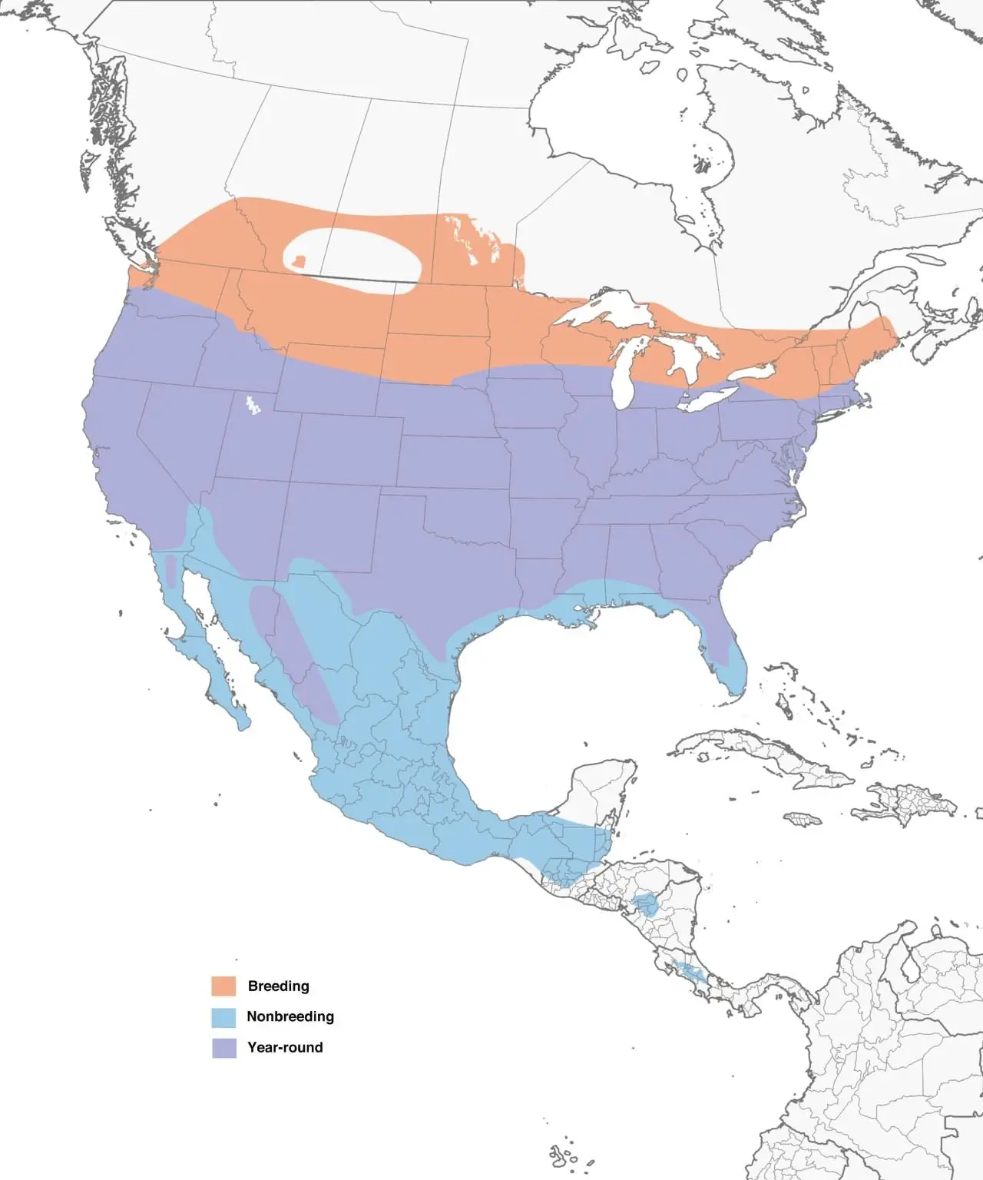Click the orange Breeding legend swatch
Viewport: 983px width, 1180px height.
(223, 986)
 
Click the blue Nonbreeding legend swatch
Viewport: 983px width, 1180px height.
(223, 1017)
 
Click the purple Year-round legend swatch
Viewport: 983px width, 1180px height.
(223, 1048)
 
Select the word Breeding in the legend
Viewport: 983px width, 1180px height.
(278, 986)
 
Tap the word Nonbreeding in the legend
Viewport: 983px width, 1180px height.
(290, 1016)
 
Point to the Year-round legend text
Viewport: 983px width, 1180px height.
(285, 1047)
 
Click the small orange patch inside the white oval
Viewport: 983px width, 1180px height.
(300, 262)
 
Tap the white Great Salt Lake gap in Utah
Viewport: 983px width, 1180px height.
(250, 405)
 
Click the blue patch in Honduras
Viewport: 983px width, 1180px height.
(646, 904)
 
